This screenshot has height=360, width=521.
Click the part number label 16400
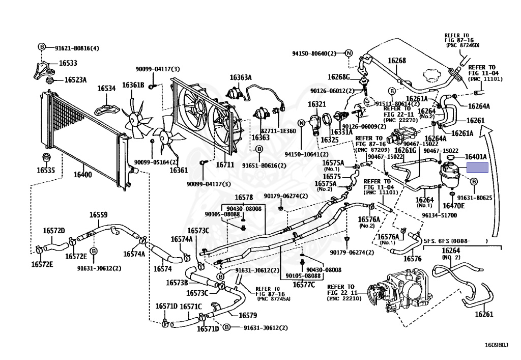83,174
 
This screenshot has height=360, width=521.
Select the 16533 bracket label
68,64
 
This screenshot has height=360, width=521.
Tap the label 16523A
75,80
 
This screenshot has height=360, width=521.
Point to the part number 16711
225,164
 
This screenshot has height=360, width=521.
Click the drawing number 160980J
496,346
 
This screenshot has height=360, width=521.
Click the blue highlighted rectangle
478,168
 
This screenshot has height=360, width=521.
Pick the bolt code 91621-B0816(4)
77,48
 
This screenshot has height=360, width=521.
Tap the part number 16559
99,215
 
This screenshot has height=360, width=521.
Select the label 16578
244,197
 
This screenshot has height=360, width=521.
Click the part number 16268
397,61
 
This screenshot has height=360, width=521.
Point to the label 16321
316,104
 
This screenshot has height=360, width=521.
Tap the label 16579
247,315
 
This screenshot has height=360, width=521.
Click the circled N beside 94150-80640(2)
349,53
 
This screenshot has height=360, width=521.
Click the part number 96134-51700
440,215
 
